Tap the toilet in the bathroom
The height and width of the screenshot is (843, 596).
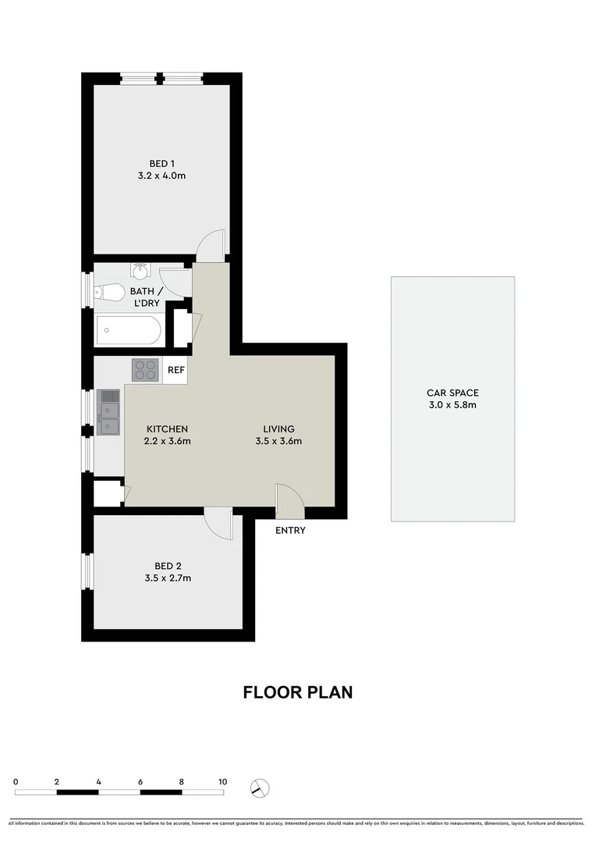109,293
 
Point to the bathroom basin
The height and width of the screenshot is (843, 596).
140,271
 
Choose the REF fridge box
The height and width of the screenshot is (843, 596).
176,370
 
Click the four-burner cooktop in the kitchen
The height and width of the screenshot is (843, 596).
145,369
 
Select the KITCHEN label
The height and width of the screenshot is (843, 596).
167,429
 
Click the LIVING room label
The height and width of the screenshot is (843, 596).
278,429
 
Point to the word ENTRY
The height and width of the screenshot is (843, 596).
290,531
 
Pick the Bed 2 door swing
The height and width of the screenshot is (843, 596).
218,521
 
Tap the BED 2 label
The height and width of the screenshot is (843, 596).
168,566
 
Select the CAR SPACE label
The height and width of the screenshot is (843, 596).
452,393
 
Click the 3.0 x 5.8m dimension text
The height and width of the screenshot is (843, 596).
452,405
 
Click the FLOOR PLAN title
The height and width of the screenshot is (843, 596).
297,692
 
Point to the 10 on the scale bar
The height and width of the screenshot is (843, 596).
222,781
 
